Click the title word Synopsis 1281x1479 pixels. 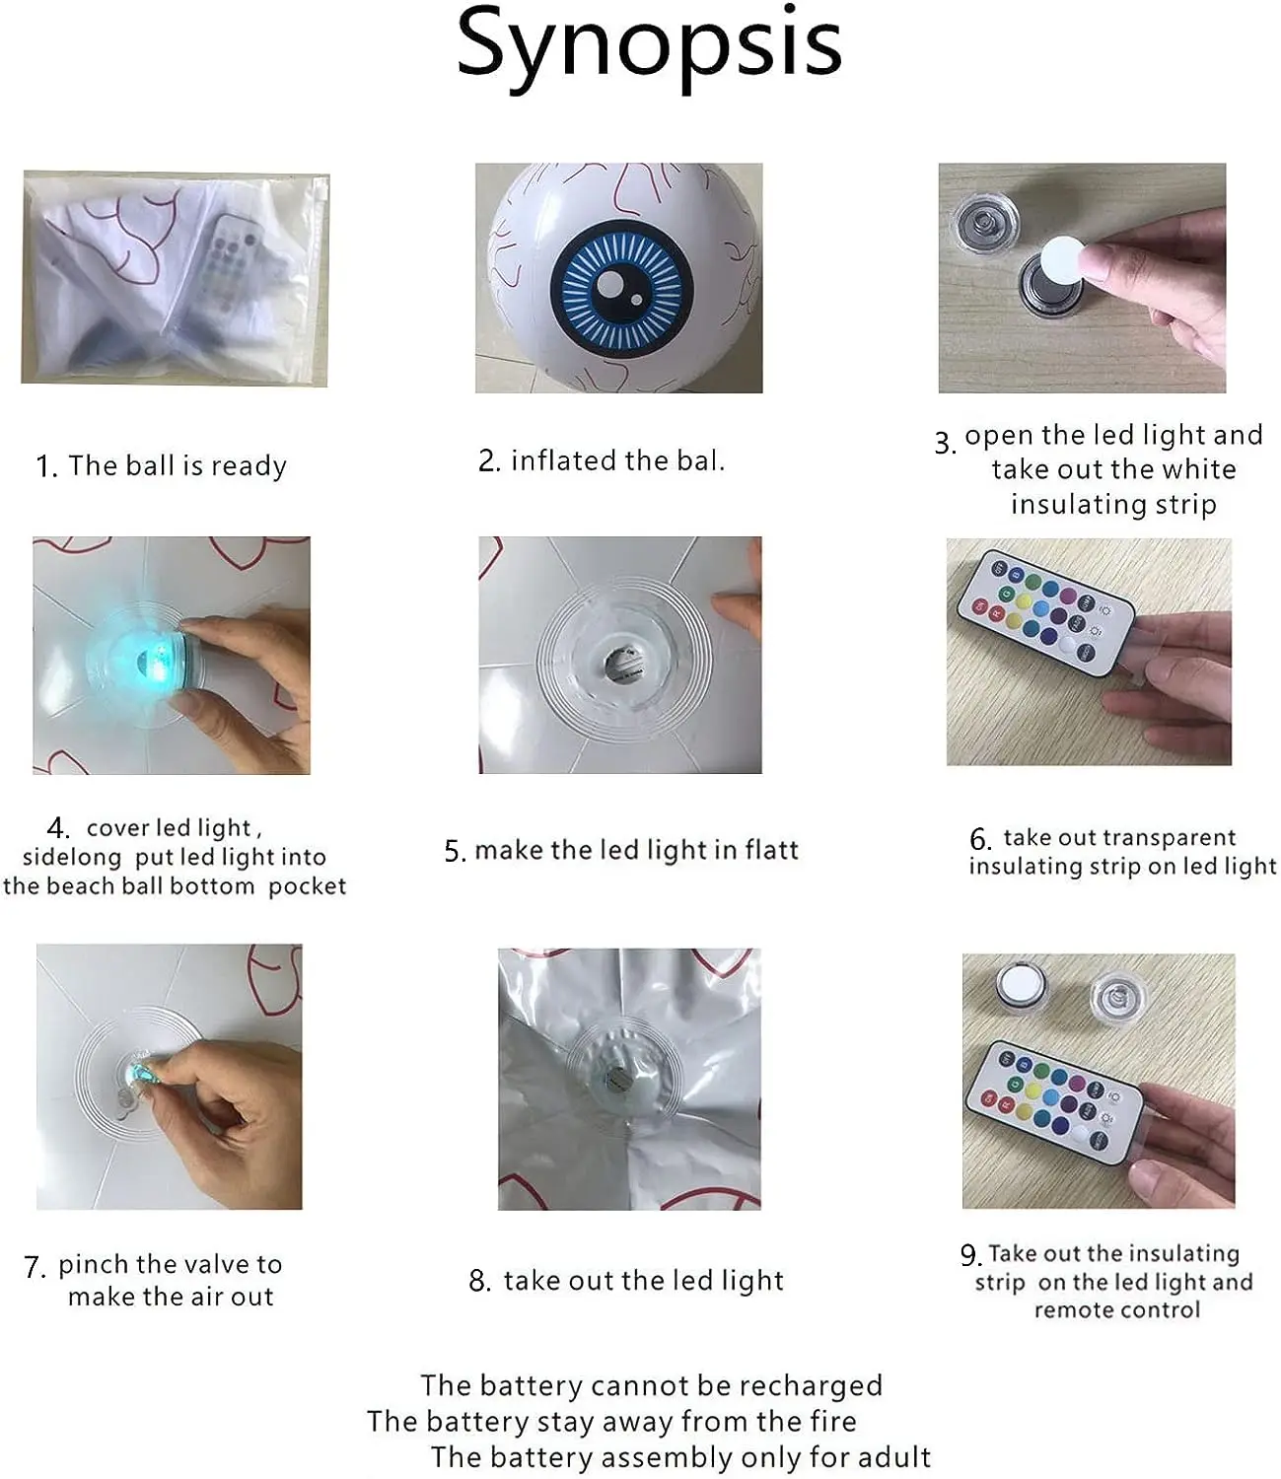649,47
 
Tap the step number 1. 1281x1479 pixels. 45,466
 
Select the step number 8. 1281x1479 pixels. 480,1281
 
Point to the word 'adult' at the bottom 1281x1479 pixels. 894,1457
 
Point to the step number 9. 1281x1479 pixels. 970,1255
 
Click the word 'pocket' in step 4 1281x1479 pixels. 307,886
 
